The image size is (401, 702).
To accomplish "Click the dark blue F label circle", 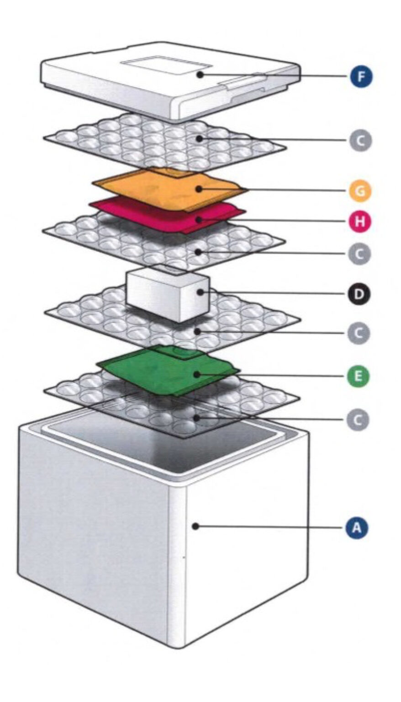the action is click(x=361, y=76).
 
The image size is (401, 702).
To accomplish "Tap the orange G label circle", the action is click(x=360, y=191).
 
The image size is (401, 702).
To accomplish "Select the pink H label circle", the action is click(x=359, y=221).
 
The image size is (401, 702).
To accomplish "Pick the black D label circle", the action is click(x=359, y=294).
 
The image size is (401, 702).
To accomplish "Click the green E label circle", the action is click(x=359, y=376).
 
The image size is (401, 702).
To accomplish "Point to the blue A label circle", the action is click(x=357, y=528).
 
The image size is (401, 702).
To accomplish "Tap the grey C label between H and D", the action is click(x=359, y=254).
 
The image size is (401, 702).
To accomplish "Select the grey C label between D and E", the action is click(x=359, y=333).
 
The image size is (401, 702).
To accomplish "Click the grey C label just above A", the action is click(x=358, y=420).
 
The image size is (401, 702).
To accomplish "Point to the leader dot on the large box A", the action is click(x=196, y=526).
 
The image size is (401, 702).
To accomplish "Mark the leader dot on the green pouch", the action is click(x=197, y=374).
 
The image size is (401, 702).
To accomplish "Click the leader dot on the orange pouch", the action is click(x=199, y=189).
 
